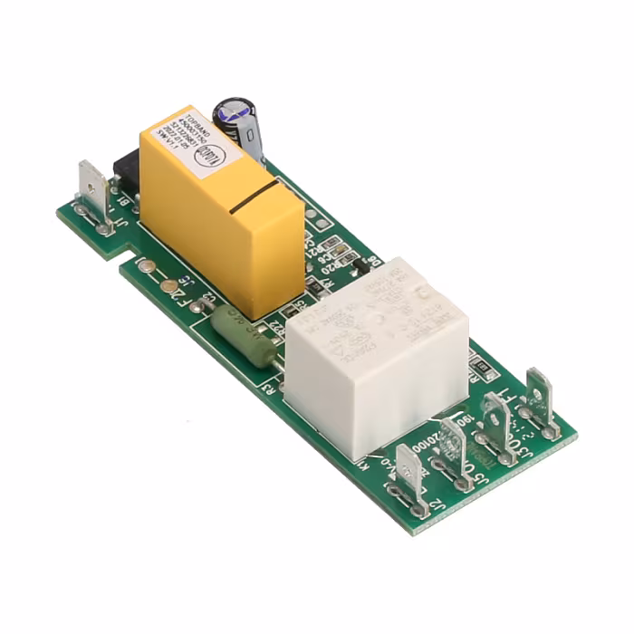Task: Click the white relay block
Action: tap(376, 353)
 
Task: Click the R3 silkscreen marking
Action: tap(269, 389)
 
